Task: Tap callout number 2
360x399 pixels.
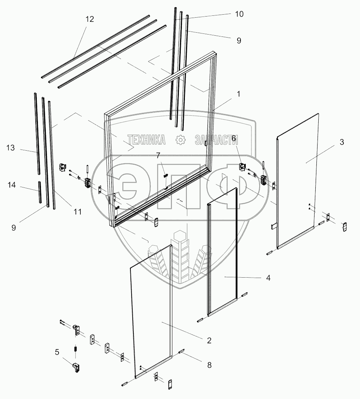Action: point(209,340)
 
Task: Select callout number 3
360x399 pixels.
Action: point(341,142)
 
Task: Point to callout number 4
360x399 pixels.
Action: point(268,278)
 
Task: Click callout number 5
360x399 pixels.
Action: point(57,352)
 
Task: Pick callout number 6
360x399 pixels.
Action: point(233,139)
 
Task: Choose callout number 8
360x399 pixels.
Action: point(209,364)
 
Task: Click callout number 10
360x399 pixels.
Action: point(239,14)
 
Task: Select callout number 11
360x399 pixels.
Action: point(77,212)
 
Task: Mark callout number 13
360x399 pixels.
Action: point(10,148)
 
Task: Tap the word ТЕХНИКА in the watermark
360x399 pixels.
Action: point(147,140)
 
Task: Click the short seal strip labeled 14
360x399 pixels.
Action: point(39,192)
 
